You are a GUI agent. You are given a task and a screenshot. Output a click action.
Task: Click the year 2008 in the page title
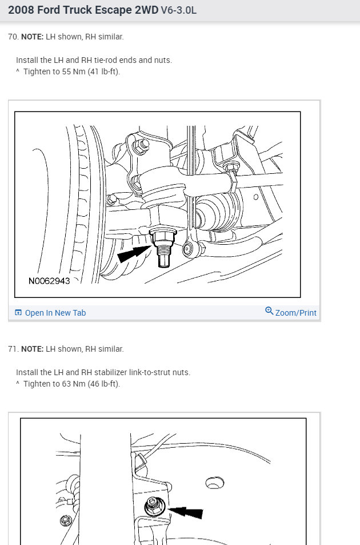tap(21, 10)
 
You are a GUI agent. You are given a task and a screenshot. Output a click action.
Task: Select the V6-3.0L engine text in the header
tap(179, 10)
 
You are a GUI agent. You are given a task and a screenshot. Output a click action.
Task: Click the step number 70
tap(12, 37)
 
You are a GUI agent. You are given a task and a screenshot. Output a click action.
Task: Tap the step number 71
tap(12, 349)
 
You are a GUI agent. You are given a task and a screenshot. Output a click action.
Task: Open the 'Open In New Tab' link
tap(55, 313)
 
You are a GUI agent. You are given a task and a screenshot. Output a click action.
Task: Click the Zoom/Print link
tap(295, 313)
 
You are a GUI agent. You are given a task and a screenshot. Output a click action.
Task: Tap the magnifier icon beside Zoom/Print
tap(269, 311)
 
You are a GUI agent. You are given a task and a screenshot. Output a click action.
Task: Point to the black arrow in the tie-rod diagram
tap(132, 253)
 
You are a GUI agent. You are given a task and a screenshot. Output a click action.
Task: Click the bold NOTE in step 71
tap(32, 349)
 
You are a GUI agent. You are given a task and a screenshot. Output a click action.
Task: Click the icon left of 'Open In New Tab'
tap(18, 313)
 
